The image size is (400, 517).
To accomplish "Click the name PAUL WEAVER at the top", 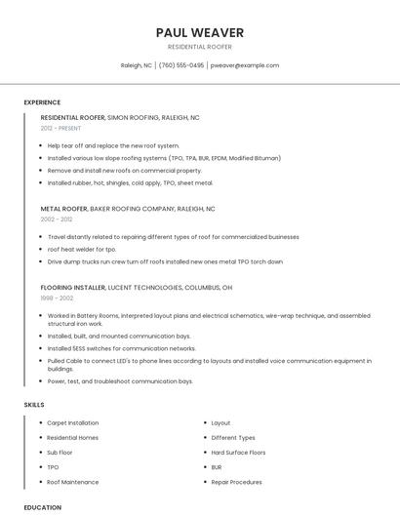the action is click(x=200, y=33).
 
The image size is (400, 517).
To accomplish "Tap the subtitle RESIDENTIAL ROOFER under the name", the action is click(x=200, y=47).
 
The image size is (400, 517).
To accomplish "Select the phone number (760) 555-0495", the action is click(x=181, y=65).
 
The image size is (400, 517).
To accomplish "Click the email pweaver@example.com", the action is click(x=245, y=65).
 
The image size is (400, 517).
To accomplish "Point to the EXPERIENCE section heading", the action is click(x=42, y=102).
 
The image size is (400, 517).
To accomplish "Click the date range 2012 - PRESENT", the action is click(x=60, y=128).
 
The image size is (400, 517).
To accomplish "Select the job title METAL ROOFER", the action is click(x=63, y=209).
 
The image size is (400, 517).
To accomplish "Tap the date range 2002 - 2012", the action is click(x=57, y=219).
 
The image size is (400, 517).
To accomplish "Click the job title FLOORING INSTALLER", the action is click(x=72, y=288).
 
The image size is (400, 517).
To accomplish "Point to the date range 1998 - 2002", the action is click(x=57, y=298).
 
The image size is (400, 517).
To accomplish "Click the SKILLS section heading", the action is click(x=33, y=404).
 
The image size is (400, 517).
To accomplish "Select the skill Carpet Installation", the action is click(x=72, y=423).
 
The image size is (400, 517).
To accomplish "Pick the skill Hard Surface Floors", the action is click(x=238, y=453).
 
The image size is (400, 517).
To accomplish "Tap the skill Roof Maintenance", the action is click(x=72, y=482).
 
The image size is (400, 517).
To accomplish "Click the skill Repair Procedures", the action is click(x=236, y=482).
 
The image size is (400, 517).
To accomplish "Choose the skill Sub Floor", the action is click(x=60, y=453).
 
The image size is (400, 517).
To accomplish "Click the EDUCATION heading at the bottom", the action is click(x=42, y=507).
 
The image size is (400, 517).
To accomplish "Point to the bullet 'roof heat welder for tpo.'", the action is click(x=82, y=249).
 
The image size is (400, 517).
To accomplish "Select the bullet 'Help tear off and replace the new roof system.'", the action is click(x=113, y=145).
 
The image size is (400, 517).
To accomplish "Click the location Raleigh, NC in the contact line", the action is click(x=137, y=65).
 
